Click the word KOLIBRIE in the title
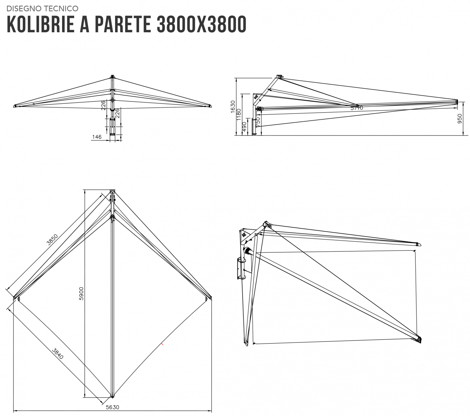pos(41,24)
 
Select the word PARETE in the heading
pos(123,24)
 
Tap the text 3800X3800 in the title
pos(202,24)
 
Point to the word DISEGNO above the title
pos(24,9)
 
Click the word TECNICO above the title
pos(61,9)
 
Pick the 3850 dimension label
pos(52,240)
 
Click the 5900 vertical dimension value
pos(81,294)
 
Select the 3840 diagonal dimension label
pos(58,354)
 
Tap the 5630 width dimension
pos(113,407)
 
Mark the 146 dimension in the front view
pos(97,137)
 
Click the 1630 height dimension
pos(233,107)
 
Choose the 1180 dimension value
pos(239,115)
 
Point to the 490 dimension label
pos(244,127)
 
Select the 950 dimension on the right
pos(460,119)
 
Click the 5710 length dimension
pos(357,108)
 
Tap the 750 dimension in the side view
pos(258,122)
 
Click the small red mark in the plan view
pos(163,344)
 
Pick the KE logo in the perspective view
pos(244,234)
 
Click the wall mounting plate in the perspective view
pos(239,269)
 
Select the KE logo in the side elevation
pos(256,96)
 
